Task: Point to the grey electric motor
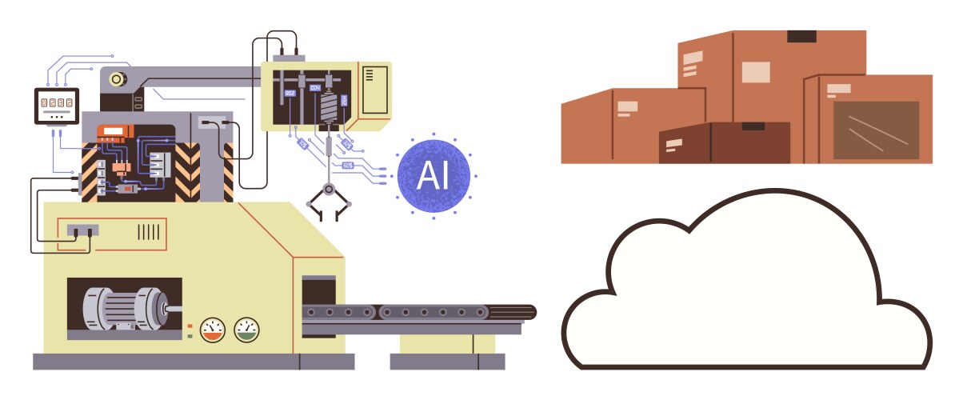click(x=124, y=307)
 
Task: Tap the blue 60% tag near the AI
click(x=348, y=165)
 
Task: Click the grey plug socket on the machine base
click(x=82, y=230)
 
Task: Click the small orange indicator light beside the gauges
click(x=190, y=326)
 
